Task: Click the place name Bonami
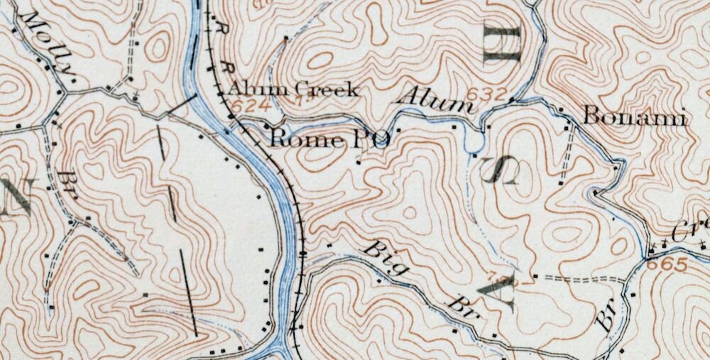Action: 635,117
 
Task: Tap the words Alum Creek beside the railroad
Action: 293,89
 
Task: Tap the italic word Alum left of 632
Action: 434,101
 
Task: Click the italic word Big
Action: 387,259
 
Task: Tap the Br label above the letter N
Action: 67,182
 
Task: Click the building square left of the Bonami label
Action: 560,109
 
